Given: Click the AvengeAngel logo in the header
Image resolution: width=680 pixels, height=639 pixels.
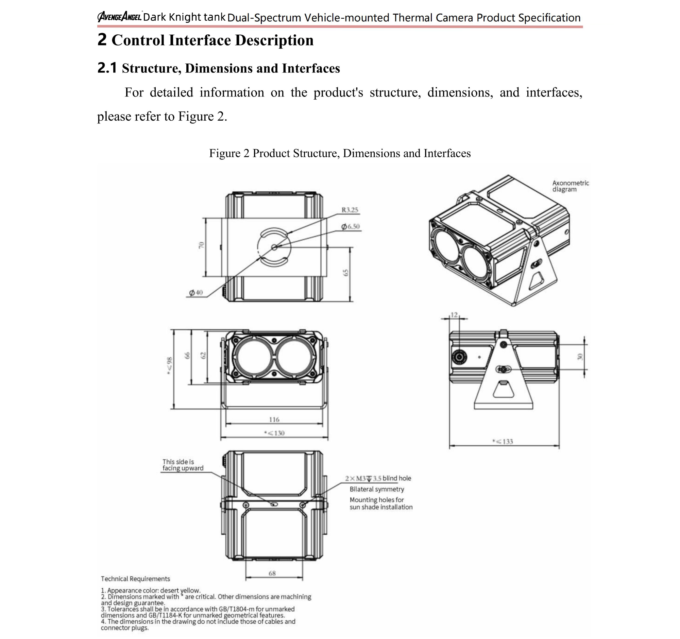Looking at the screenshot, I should [x=119, y=16].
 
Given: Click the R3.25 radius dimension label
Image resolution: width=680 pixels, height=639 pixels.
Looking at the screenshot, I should [x=350, y=210].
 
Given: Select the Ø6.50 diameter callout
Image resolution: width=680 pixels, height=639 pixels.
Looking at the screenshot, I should [x=350, y=227].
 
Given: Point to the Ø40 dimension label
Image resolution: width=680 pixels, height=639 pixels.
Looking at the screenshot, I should [x=196, y=293].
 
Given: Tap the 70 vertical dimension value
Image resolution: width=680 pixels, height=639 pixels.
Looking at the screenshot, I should [x=202, y=245].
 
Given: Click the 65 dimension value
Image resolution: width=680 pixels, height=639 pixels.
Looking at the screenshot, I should [x=346, y=273].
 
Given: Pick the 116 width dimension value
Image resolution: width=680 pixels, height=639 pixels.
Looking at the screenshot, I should [x=274, y=419].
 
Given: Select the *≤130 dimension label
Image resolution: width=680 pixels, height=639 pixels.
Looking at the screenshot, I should [x=274, y=433].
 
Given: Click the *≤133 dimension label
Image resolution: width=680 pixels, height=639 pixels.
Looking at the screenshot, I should [x=503, y=442].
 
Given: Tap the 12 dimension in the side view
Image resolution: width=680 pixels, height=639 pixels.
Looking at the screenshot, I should [x=454, y=315].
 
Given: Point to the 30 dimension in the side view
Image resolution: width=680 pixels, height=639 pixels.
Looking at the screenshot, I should [x=579, y=357].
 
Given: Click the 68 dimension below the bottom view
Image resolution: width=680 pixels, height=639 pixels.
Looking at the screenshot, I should [x=272, y=573].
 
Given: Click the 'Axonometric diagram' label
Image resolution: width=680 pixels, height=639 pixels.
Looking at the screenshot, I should [x=570, y=186].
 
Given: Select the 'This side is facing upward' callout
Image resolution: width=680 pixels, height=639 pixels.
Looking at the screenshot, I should [x=183, y=465].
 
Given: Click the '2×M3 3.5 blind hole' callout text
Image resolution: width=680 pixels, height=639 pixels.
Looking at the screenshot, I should [x=378, y=478].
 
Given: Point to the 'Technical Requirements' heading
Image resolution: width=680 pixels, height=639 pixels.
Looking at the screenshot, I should [x=135, y=578].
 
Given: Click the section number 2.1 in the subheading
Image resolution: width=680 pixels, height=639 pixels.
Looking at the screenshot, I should [x=107, y=68].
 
